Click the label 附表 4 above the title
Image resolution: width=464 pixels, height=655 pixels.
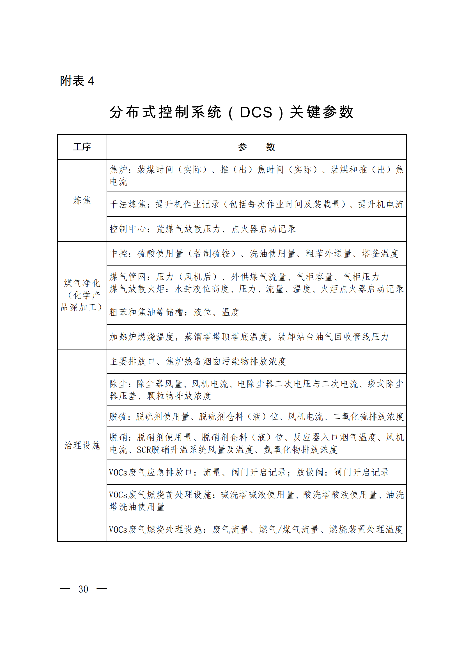point(77,81)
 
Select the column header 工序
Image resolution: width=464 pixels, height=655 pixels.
point(82,147)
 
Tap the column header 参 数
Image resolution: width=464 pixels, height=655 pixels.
point(256,147)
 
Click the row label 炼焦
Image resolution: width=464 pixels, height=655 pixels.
point(82,200)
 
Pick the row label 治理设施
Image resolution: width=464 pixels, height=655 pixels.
point(82,445)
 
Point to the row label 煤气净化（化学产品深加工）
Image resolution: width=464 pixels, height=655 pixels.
point(82,295)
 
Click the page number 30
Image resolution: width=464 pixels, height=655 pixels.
point(83,589)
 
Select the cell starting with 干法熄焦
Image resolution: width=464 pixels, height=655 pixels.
point(256,204)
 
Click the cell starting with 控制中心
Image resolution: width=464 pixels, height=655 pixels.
point(203,229)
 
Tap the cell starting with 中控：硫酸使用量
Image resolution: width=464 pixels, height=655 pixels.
point(254,253)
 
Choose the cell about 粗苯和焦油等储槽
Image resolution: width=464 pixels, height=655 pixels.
point(174,312)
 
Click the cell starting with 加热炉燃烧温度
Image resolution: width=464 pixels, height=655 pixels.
point(249,337)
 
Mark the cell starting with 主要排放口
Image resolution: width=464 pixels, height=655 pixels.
point(198,362)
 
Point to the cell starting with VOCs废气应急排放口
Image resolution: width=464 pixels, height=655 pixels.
point(249,472)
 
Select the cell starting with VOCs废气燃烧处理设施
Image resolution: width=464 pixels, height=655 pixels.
point(256,530)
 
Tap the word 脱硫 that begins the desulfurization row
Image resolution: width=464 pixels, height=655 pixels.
point(118,416)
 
